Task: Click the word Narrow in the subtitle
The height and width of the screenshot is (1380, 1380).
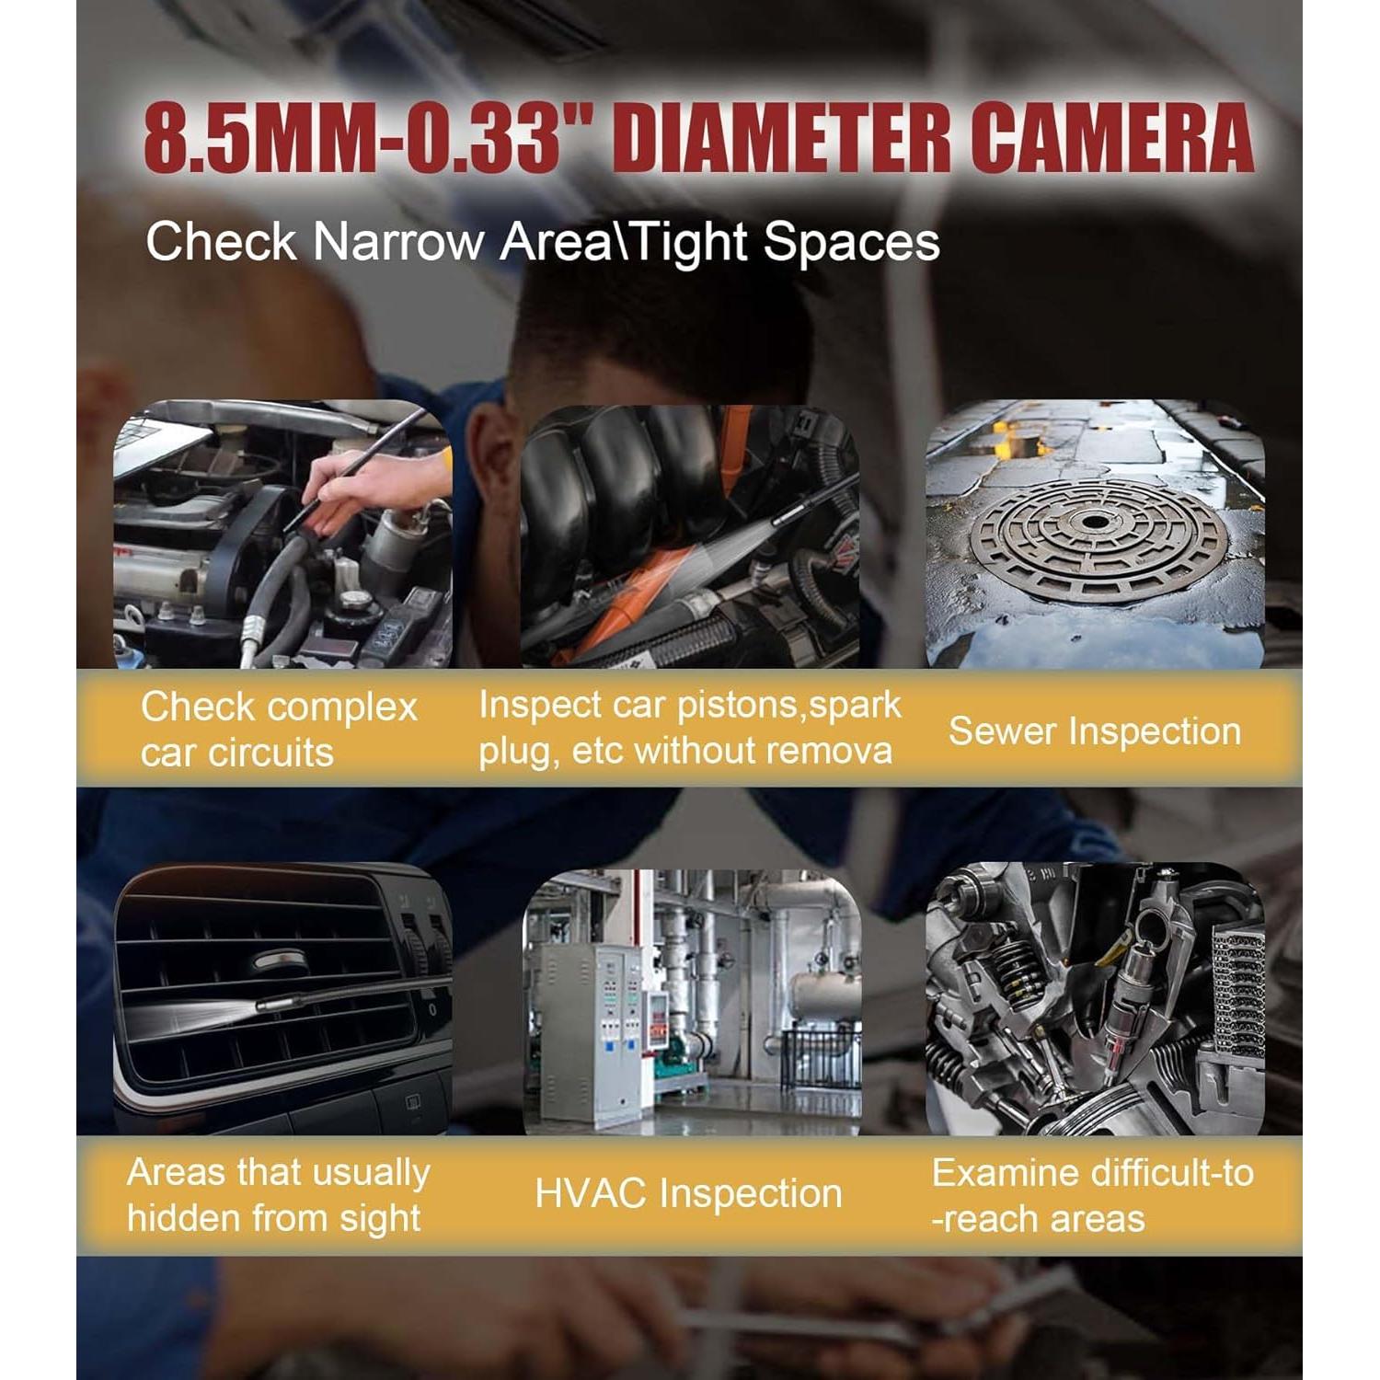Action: pos(398,242)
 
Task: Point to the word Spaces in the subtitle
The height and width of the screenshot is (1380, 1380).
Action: pos(851,242)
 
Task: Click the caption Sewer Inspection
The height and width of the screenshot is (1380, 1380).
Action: pos(1094,731)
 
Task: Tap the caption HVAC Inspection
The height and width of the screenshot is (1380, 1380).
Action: pos(688,1193)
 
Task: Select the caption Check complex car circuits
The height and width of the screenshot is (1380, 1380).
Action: pos(278,730)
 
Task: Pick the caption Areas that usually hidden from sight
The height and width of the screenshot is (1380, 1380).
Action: pos(278,1195)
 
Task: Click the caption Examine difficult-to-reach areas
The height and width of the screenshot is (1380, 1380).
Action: pos(1092,1195)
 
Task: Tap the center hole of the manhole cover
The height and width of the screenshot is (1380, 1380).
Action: pos(1095,523)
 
